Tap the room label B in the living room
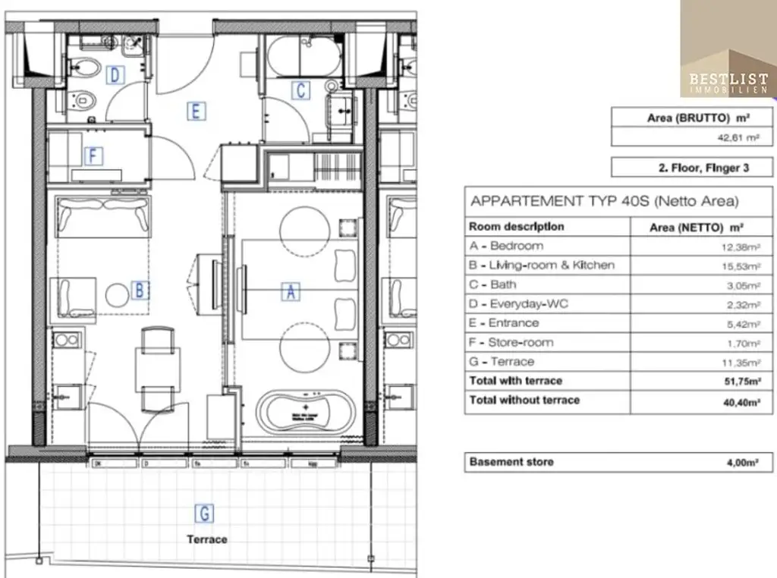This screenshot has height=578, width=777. point(139,290)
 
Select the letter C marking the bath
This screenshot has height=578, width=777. point(301,90)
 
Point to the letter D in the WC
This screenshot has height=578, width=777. point(115,74)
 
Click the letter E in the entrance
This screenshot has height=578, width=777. point(196,112)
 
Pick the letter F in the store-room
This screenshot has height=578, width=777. point(93,156)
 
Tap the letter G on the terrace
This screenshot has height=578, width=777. point(204,514)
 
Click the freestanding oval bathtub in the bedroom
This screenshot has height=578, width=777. point(307,413)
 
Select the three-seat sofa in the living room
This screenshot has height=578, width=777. point(103,215)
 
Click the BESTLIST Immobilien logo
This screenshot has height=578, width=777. point(728,49)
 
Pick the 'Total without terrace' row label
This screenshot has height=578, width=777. point(524,400)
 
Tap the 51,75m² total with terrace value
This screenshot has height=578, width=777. point(741,381)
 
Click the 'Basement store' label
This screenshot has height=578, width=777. point(511,461)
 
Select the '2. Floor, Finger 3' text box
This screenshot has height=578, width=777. point(692,168)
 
